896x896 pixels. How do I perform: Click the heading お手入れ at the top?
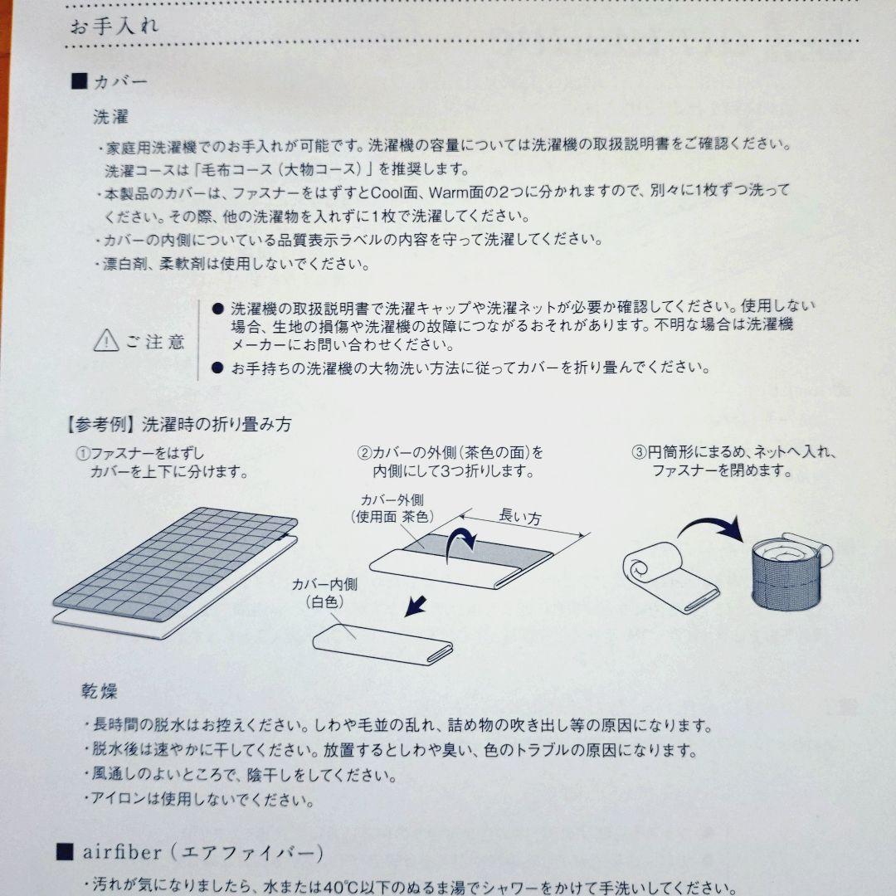[114, 27]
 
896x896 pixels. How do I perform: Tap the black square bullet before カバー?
[80, 81]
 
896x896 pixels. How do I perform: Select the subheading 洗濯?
[111, 117]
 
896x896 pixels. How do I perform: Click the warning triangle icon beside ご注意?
[106, 341]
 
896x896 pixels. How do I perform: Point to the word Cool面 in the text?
[395, 192]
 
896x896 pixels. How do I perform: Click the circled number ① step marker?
[84, 454]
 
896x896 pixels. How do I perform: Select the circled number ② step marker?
[364, 453]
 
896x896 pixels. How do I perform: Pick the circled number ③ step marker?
[639, 453]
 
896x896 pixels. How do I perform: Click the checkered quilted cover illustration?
[175, 565]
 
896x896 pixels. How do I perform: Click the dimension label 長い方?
[520, 517]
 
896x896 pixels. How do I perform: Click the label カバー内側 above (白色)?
[324, 584]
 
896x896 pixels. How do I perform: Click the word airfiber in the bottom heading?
[122, 852]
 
